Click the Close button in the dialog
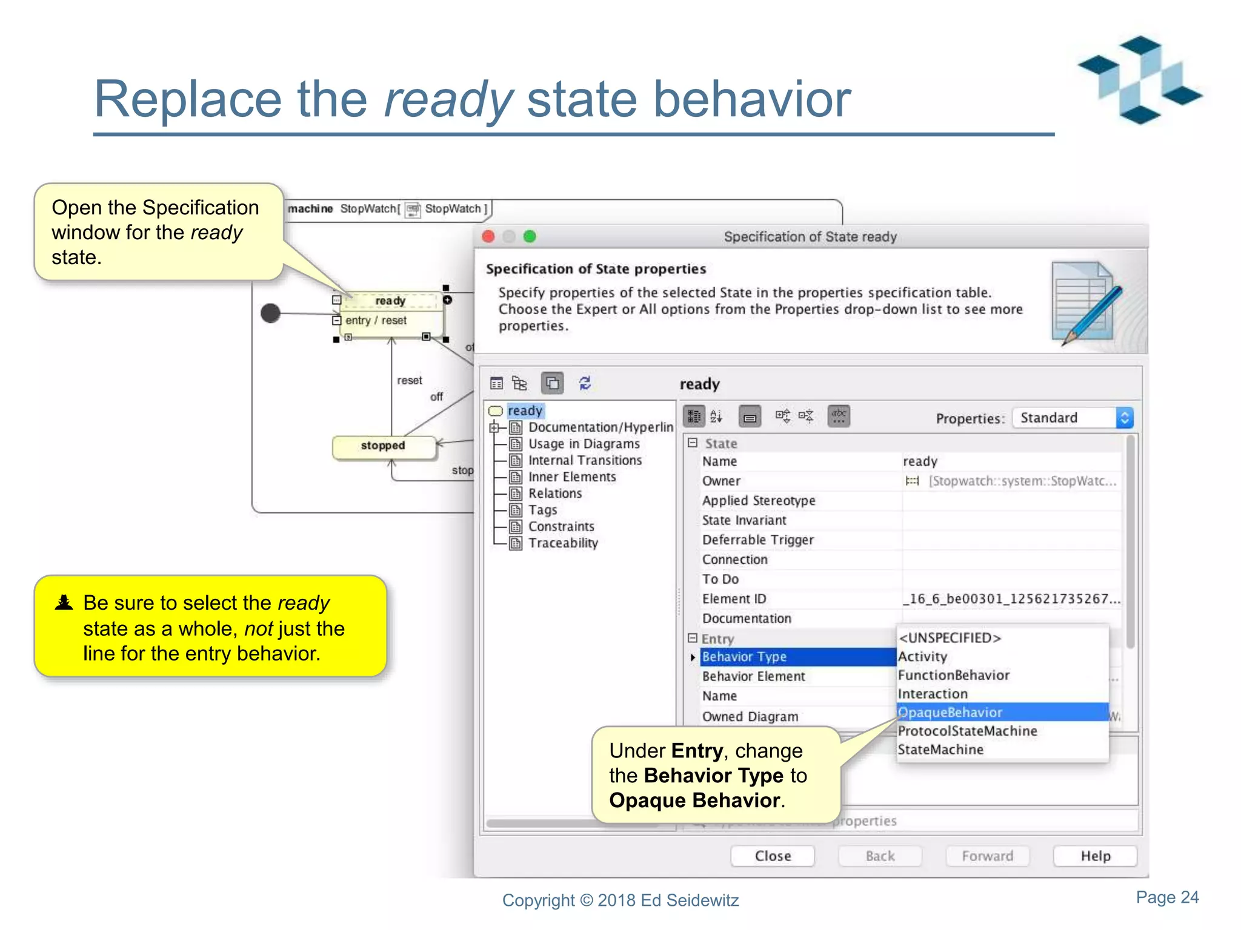[x=772, y=856]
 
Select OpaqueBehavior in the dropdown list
[x=950, y=712]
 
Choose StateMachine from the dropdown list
[x=940, y=750]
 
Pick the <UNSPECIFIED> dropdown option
[x=950, y=638]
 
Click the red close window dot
[x=488, y=236]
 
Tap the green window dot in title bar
[x=530, y=236]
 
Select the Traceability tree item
[x=562, y=543]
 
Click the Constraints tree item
[x=561, y=526]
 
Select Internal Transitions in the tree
[x=584, y=460]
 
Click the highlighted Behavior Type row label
[x=744, y=656]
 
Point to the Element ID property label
[x=734, y=599]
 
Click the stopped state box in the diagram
[x=383, y=446]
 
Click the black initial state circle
[x=270, y=313]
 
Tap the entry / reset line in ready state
[x=376, y=320]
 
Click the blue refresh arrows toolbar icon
[x=585, y=383]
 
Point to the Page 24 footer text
[x=1167, y=897]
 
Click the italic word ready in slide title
[x=448, y=99]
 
